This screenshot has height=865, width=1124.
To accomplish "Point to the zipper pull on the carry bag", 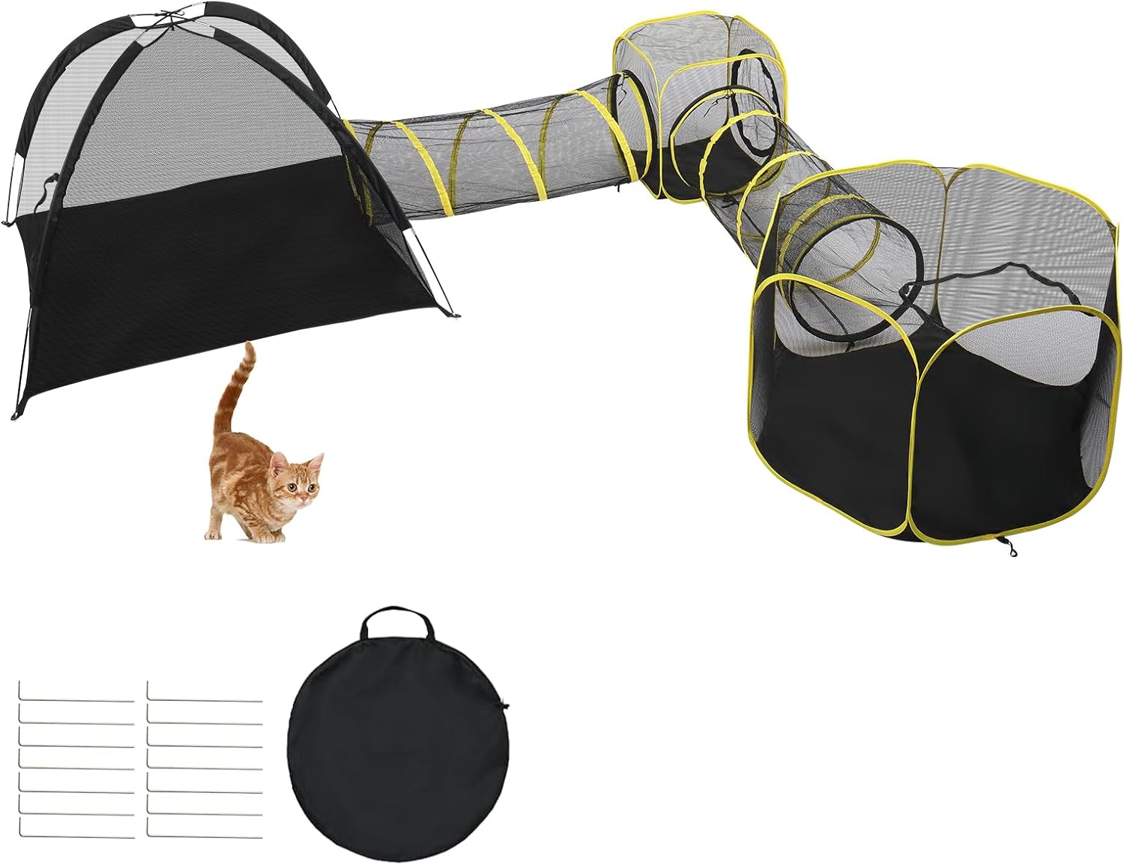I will pyautogui.click(x=504, y=705).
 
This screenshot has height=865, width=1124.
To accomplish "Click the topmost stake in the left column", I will pyautogui.click(x=75, y=701).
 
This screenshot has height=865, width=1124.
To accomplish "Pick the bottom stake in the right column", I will pyautogui.click(x=205, y=837).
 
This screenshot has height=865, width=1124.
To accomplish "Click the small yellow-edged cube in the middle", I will pyautogui.click(x=697, y=112).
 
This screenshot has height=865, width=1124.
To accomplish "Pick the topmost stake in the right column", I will pyautogui.click(x=205, y=701).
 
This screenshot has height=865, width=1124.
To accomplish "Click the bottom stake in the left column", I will pyautogui.click(x=75, y=837).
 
